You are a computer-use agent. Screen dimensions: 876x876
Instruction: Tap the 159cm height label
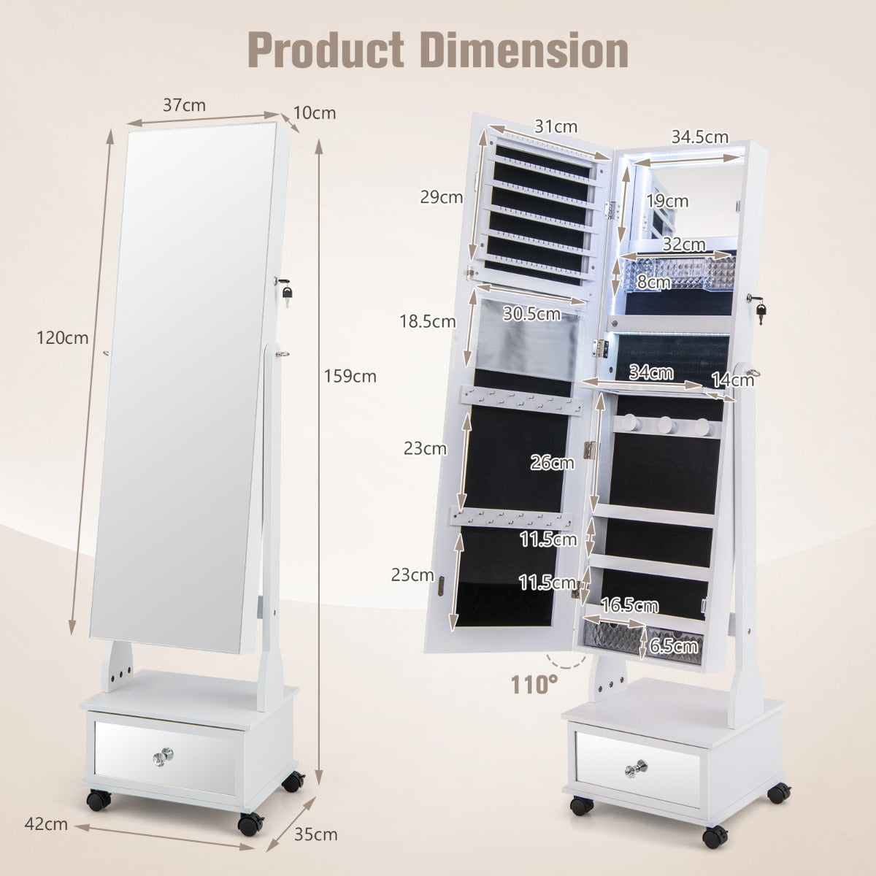350,377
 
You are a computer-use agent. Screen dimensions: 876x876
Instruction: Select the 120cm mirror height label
62,338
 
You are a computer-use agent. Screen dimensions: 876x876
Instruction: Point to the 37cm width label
184,105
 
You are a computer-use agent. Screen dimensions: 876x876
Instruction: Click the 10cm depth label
315,113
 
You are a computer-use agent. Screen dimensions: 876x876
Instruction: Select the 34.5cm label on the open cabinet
700,137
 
